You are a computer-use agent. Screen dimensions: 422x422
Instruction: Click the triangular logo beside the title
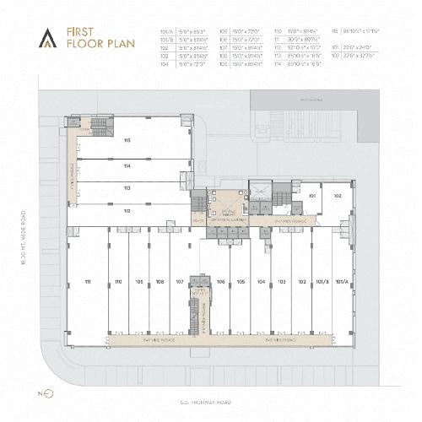51,35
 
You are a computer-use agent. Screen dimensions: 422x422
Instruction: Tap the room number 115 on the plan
127,140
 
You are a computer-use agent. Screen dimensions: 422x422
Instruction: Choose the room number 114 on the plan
127,166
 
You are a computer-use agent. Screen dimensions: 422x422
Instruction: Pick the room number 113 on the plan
127,188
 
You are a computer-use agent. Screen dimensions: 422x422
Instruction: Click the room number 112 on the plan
127,209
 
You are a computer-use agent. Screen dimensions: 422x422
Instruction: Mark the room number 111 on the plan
88,281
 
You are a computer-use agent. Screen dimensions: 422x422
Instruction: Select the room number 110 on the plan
118,281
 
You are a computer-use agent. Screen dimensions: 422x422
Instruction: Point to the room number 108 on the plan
160,281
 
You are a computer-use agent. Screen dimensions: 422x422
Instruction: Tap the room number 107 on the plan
180,281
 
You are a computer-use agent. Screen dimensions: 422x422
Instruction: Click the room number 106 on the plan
220,281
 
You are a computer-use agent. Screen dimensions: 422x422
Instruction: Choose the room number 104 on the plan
262,281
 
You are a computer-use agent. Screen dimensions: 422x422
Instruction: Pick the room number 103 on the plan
282,281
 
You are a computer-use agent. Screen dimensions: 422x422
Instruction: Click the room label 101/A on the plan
341,281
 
